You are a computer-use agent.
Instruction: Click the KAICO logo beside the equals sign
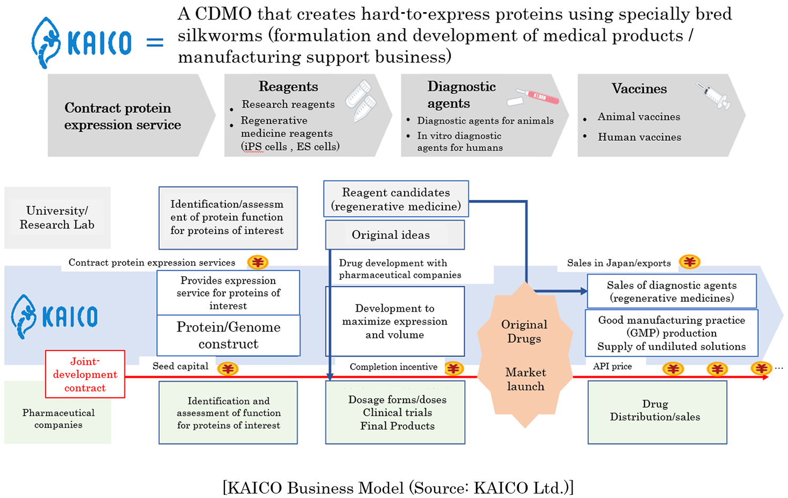pyautogui.click(x=81, y=43)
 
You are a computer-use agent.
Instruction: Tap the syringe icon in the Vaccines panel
pyautogui.click(x=713, y=96)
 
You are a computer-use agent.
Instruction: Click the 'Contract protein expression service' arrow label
pyautogui.click(x=122, y=116)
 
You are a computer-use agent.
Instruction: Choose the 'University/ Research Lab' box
pyautogui.click(x=57, y=218)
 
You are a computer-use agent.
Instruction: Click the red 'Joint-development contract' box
pyautogui.click(x=85, y=374)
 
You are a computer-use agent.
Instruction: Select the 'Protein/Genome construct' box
pyautogui.click(x=229, y=335)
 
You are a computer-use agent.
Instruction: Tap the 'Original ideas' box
pyautogui.click(x=395, y=235)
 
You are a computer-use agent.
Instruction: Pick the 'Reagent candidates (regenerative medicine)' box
pyautogui.click(x=396, y=199)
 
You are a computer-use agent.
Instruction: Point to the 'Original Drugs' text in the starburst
pyautogui.click(x=524, y=331)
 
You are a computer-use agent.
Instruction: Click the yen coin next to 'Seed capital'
pyautogui.click(x=228, y=369)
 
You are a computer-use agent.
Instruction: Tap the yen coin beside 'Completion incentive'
pyautogui.click(x=454, y=368)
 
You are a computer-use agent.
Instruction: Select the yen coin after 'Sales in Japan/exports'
pyautogui.click(x=689, y=262)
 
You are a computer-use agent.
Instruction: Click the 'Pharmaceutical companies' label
pyautogui.click(x=58, y=419)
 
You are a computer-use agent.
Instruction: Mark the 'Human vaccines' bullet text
pyautogui.click(x=639, y=137)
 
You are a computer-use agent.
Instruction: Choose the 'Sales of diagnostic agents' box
pyautogui.click(x=671, y=292)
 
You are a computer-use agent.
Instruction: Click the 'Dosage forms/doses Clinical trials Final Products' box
pyautogui.click(x=395, y=412)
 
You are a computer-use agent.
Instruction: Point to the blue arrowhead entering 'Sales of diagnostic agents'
pyautogui.click(x=584, y=291)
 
